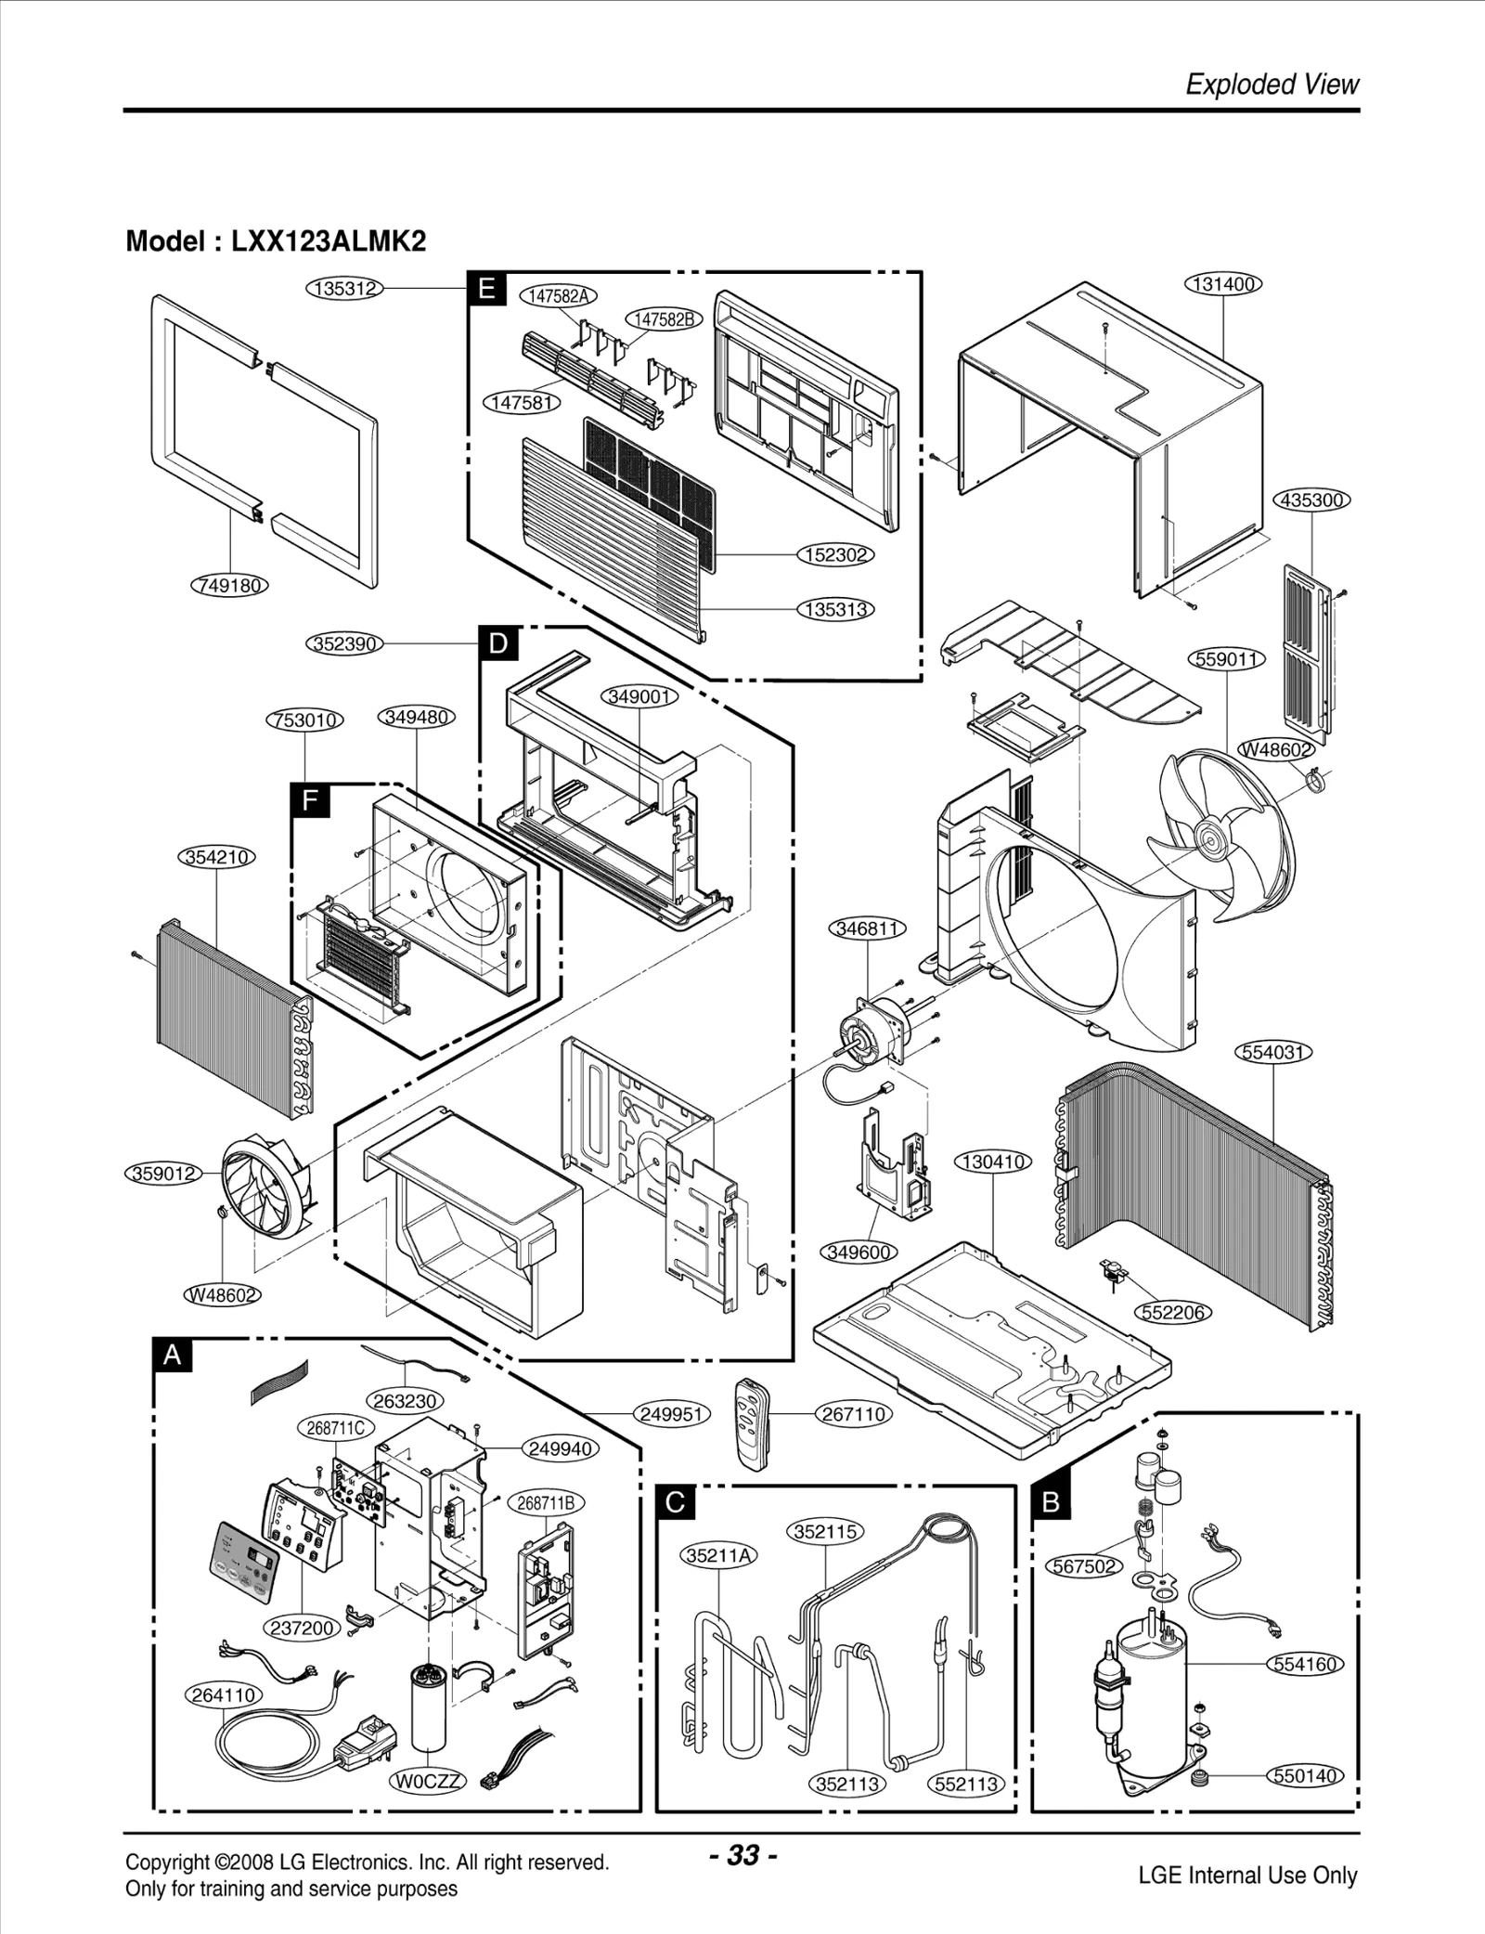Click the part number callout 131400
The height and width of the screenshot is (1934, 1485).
pos(1223,284)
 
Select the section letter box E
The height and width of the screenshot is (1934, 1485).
pos(486,289)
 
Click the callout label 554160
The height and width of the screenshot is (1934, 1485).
pos(1305,1664)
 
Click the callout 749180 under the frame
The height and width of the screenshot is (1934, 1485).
pos(229,586)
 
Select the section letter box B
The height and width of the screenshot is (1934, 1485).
pos(1051,1502)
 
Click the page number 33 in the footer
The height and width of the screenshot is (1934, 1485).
pos(742,1855)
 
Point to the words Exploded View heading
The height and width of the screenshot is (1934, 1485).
pos(1272,84)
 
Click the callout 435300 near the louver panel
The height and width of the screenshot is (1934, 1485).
pos(1311,500)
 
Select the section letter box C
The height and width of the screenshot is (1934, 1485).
pos(676,1502)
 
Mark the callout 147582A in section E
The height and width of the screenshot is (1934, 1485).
pos(557,296)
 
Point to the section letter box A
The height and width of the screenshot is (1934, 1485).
pos(173,1356)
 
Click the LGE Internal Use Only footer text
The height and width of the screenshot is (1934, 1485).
pos(1246,1876)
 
